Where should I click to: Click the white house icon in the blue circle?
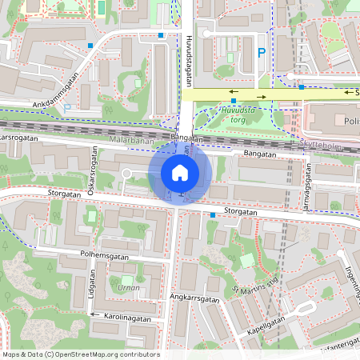180,172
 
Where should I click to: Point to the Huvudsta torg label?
242,115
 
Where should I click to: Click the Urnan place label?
128,287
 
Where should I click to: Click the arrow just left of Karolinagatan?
94,315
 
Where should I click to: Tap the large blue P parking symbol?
261,53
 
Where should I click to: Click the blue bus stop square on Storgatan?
213,214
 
